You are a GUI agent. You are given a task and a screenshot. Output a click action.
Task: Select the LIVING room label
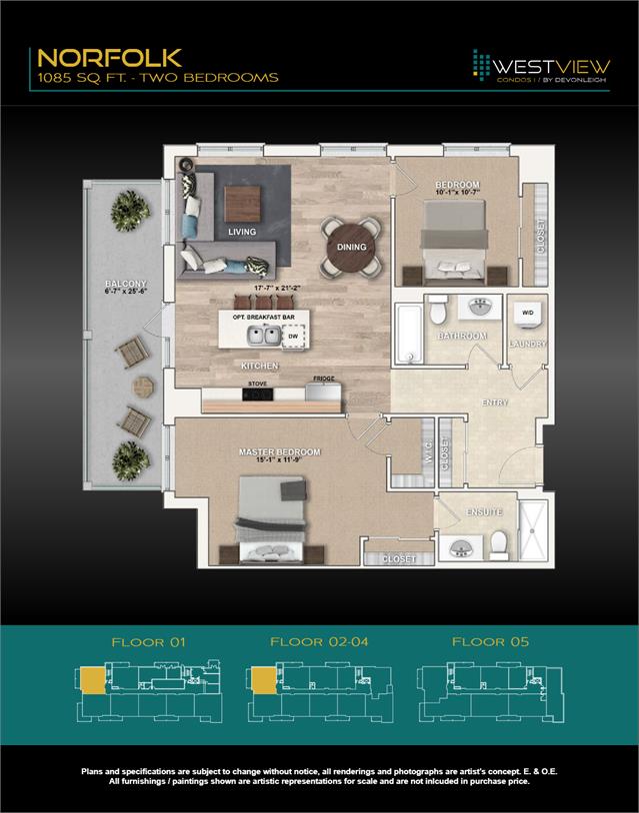click(242, 232)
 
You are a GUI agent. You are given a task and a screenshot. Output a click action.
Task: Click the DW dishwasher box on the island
click(293, 338)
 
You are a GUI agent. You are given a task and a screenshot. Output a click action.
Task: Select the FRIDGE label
click(323, 380)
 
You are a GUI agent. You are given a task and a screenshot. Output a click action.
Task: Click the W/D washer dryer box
click(528, 314)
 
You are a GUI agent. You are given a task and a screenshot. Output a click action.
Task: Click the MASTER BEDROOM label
click(280, 452)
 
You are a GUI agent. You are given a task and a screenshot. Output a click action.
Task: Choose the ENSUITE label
click(484, 512)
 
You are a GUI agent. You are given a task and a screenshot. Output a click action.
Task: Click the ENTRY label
click(494, 404)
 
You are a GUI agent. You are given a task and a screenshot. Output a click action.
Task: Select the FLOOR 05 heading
click(490, 642)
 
